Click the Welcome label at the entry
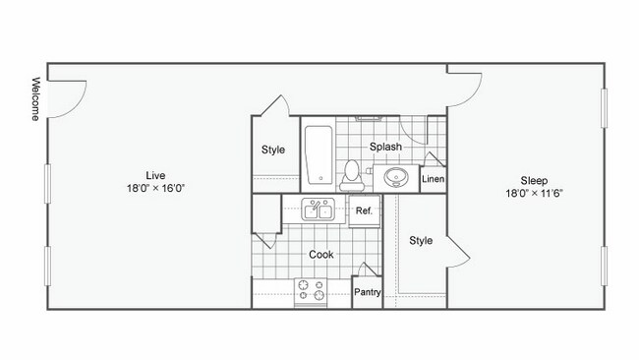(35, 98)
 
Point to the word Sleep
(534, 180)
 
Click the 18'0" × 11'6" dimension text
(534, 194)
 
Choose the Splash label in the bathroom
(385, 148)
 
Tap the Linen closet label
(433, 180)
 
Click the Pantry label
(368, 292)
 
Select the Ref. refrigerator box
(363, 210)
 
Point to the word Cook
(320, 255)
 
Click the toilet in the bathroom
(351, 175)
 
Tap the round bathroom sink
(396, 178)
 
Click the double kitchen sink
(318, 210)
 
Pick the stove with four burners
(312, 289)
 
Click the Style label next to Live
(273, 150)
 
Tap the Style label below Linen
(421, 240)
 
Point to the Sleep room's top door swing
(465, 88)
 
